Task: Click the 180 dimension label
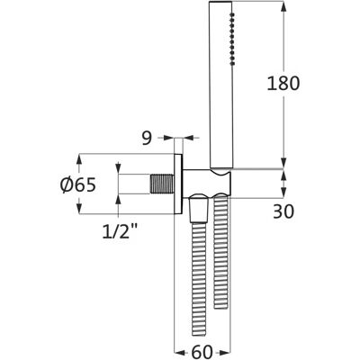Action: pyautogui.click(x=283, y=83)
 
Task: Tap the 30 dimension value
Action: pyautogui.click(x=283, y=211)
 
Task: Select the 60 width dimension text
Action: pyautogui.click(x=202, y=352)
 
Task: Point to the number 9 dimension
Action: pyautogui.click(x=147, y=138)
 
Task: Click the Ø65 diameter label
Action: pyautogui.click(x=78, y=184)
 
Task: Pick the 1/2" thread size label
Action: pyautogui.click(x=120, y=231)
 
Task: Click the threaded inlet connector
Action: pyautogui.click(x=162, y=184)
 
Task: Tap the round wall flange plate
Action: pyautogui.click(x=178, y=184)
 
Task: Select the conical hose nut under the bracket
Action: pyautogui.click(x=199, y=209)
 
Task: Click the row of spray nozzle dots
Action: pyautogui.click(x=231, y=39)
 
